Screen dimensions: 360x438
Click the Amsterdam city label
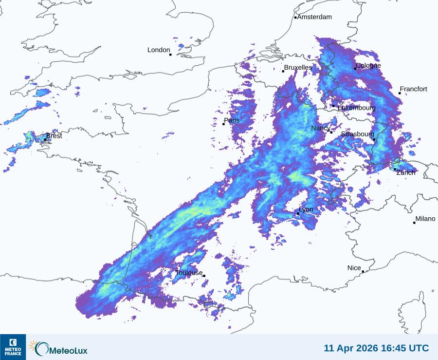click(x=314, y=17)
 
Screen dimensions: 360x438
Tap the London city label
click(x=159, y=50)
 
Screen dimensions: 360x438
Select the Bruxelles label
click(x=298, y=67)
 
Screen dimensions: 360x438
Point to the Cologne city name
click(x=368, y=66)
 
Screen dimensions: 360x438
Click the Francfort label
click(x=413, y=89)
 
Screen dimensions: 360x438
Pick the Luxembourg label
click(x=357, y=108)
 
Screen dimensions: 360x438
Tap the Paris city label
click(x=232, y=120)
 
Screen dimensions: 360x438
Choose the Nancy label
click(x=321, y=128)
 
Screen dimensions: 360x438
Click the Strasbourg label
click(x=358, y=134)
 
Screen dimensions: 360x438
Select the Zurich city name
click(x=406, y=172)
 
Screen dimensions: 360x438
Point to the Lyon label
click(x=306, y=209)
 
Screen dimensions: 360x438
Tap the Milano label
click(x=425, y=219)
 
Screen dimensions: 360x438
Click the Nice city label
click(x=354, y=268)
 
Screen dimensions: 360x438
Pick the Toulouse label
click(x=189, y=273)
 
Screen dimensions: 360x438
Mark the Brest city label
click(x=54, y=136)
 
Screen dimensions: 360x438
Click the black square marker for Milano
click(x=414, y=223)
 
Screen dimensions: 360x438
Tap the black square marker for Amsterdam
click(x=295, y=18)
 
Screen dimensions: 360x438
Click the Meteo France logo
click(x=13, y=347)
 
